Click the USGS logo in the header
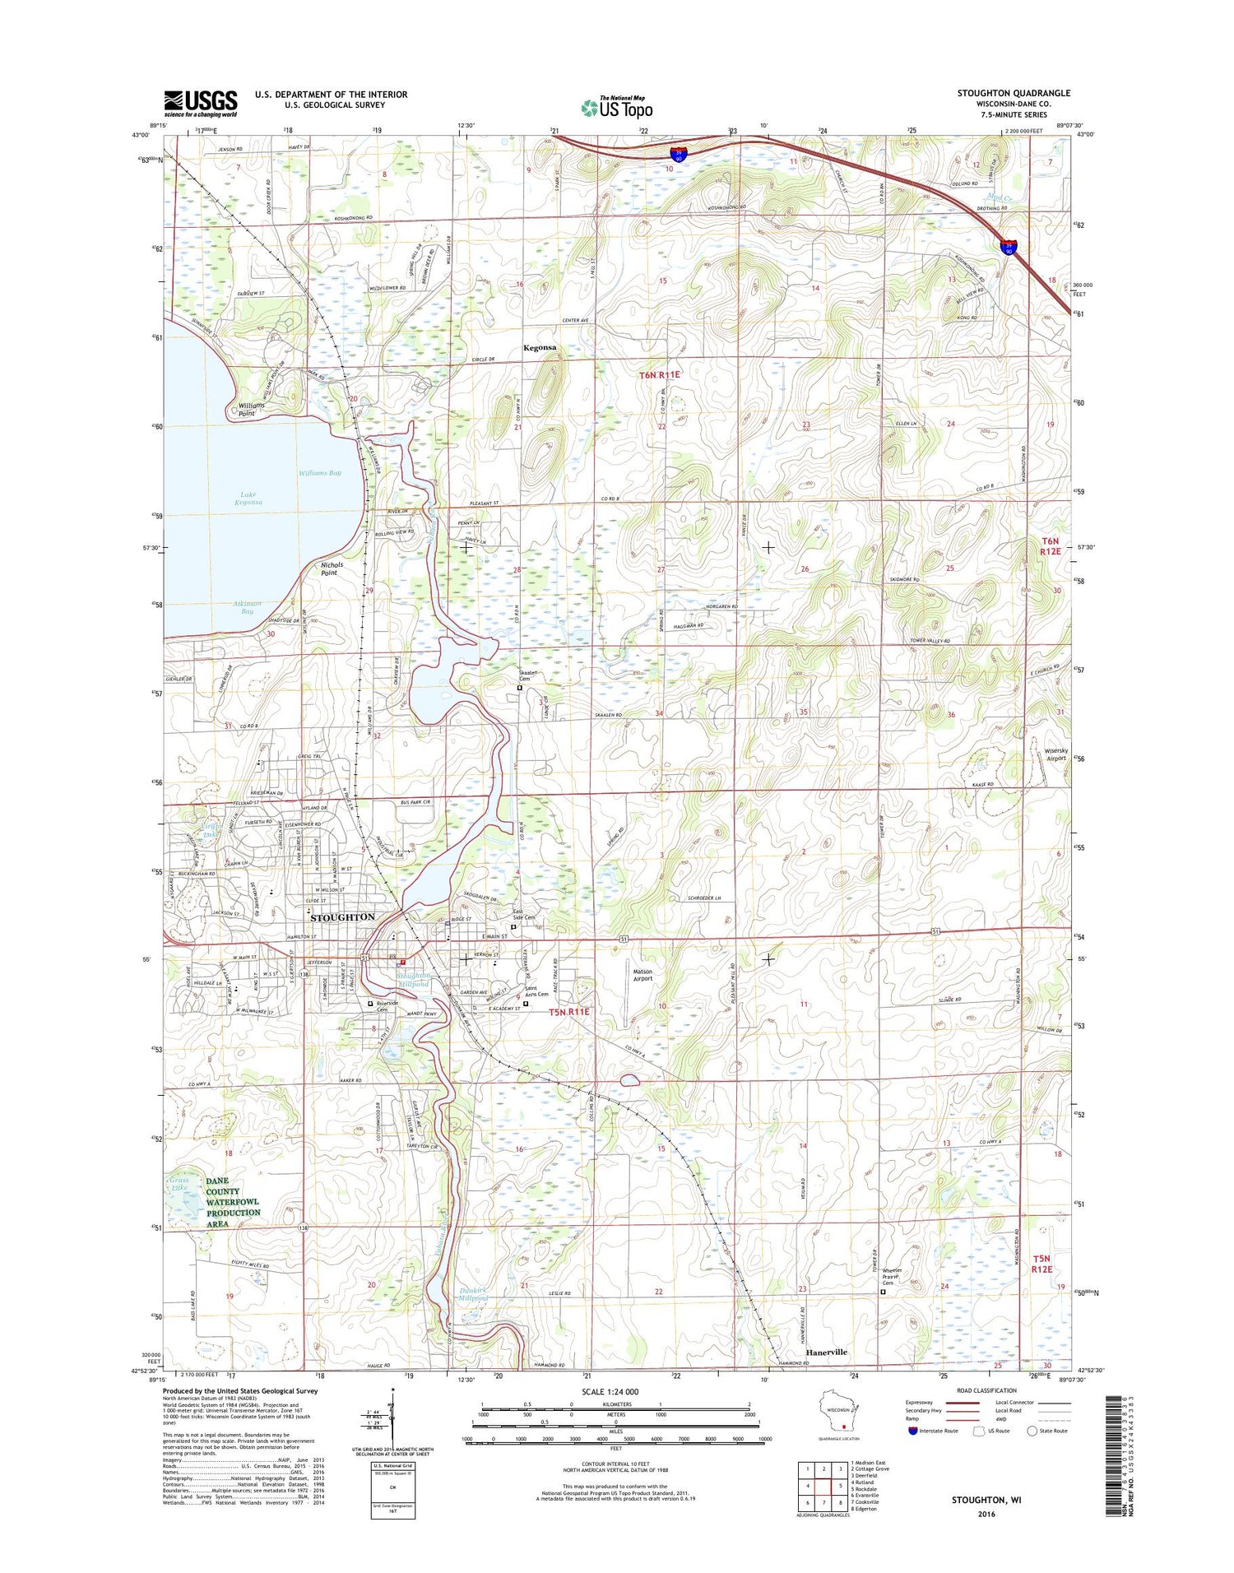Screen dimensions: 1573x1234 pos(200,102)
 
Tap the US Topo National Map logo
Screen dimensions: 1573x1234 pos(617,106)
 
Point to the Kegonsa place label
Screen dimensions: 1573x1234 pos(540,348)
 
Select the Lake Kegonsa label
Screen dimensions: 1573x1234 pos(247,498)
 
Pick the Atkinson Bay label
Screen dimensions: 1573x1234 pos(248,607)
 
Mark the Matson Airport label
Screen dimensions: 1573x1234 pos(643,975)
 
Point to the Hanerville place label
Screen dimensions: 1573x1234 pos(826,1352)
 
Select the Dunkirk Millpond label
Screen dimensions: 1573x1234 pos(473,1293)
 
